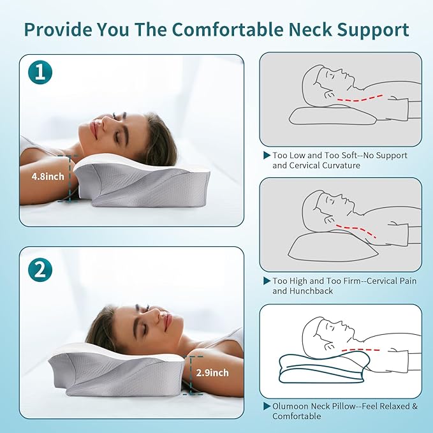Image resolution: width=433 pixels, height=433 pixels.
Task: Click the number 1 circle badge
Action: coord(40,74)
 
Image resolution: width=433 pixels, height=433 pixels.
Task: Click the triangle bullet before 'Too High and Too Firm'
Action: coord(267,281)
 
